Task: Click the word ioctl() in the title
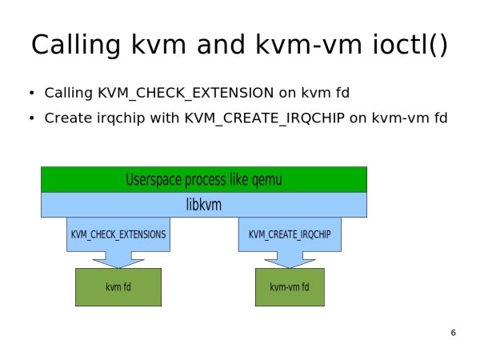(410, 45)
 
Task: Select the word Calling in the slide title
(76, 46)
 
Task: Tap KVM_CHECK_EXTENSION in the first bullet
(186, 93)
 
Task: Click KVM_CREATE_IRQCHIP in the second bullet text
(265, 118)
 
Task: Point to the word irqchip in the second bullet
(121, 118)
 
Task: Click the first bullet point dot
(31, 93)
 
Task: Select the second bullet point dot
(31, 118)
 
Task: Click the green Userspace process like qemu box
(204, 180)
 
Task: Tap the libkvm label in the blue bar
(204, 205)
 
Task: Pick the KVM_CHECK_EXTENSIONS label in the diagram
(118, 234)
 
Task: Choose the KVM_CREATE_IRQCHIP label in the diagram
(290, 234)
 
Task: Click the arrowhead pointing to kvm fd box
(118, 263)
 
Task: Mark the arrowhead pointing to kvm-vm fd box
(290, 263)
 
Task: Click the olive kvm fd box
(118, 287)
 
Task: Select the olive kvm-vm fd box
(290, 287)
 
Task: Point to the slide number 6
(454, 333)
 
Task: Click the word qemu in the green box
(266, 180)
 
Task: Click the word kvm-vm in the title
(309, 45)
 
